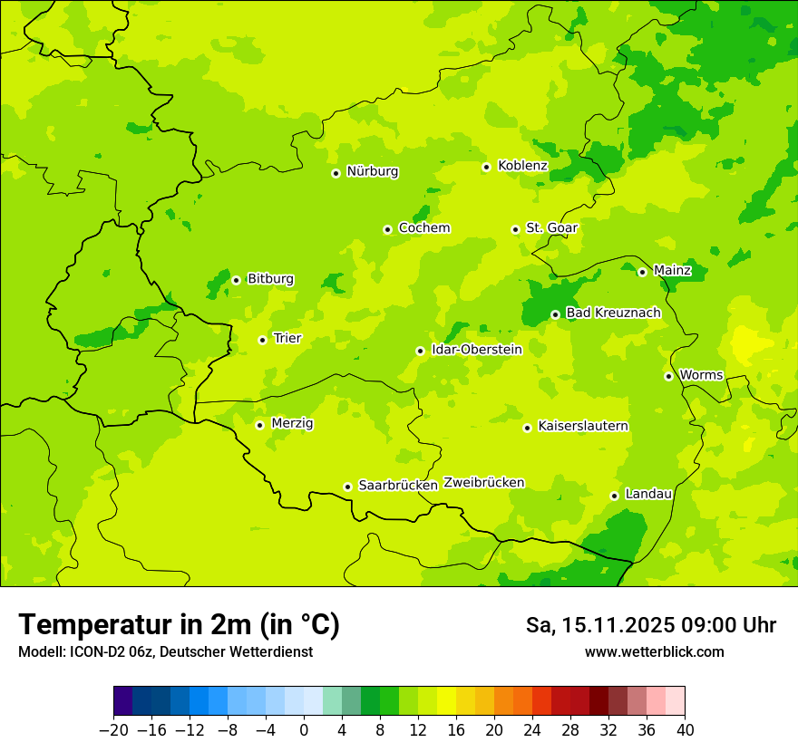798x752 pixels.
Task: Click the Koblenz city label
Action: point(522,166)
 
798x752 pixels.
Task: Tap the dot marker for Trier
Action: point(263,340)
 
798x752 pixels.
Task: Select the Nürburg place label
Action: point(372,171)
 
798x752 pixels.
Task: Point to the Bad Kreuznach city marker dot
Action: point(555,314)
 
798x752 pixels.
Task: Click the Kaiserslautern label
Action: point(583,426)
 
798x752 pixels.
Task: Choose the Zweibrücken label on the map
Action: point(483,483)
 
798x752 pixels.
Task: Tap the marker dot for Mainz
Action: point(642,272)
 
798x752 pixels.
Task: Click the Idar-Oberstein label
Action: point(477,350)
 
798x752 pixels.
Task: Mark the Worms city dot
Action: point(668,376)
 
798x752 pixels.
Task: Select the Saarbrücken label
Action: point(398,486)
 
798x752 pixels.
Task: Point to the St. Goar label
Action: point(551,228)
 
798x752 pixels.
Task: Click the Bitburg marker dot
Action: point(236,280)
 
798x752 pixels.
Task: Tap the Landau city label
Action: point(648,494)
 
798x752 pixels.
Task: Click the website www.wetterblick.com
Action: point(654,652)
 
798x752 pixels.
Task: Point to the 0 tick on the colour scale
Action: point(304,730)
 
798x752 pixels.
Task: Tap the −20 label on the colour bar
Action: point(113,730)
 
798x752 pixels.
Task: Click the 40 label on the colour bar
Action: point(685,730)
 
